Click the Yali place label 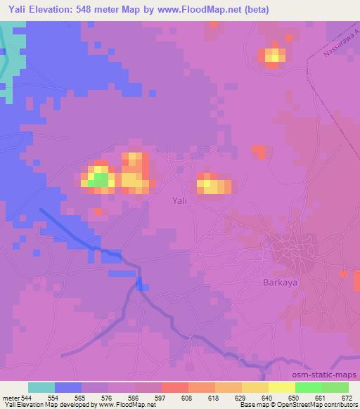pos(180,200)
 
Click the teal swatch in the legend pos(41,387)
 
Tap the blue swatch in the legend pos(68,387)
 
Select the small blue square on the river pos(143,285)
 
